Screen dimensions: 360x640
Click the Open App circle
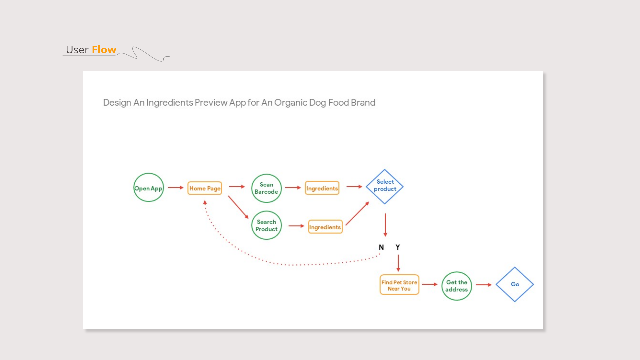(148, 188)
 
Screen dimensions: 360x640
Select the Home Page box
(205, 188)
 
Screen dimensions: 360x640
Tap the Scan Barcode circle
(266, 188)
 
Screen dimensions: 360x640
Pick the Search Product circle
(266, 225)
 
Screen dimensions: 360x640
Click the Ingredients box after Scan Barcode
(322, 188)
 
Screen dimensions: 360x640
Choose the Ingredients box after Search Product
(325, 227)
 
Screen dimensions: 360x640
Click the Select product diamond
(385, 187)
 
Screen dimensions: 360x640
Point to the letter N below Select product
(381, 247)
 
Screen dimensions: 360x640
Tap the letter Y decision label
(398, 247)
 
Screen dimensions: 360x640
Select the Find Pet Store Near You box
(399, 285)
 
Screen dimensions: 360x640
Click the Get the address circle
(457, 286)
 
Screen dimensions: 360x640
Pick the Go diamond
(515, 284)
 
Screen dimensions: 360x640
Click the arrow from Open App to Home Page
(175, 188)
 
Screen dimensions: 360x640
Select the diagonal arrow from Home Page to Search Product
(238, 207)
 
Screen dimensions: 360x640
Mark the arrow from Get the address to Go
(484, 285)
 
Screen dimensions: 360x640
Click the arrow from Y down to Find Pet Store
(398, 263)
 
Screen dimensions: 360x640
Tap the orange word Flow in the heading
(104, 50)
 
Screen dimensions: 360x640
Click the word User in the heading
(77, 50)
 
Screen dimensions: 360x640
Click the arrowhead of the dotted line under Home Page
(205, 202)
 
